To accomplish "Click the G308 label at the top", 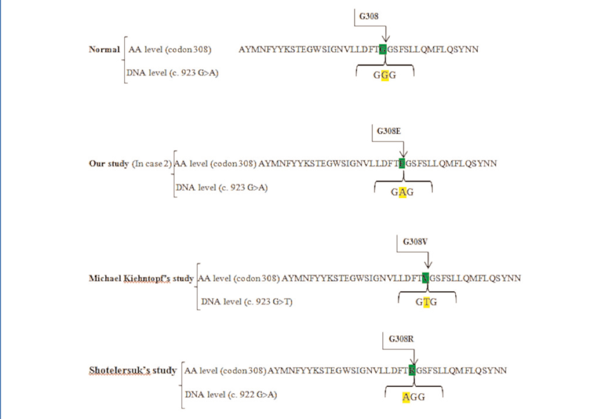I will coord(369,16).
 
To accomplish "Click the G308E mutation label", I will coord(389,131).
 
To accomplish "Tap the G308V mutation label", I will coord(415,242).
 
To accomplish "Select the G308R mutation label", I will coord(401,339).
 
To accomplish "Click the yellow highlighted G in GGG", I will coord(385,75).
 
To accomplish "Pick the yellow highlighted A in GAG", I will coord(402,192).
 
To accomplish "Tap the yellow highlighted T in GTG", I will coord(426,302).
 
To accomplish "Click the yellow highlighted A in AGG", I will coord(406,397).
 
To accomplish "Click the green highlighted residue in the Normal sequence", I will coord(383,49).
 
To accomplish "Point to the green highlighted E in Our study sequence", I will coord(402,164).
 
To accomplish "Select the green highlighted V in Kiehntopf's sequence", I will coord(426,278).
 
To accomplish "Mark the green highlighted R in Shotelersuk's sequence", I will coord(412,370).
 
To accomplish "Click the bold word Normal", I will coord(104,49).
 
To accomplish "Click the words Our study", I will coord(109,164).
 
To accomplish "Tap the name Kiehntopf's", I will coord(147,278).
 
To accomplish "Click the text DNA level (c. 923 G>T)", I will coord(247,302).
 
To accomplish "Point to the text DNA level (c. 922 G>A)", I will coord(231,395).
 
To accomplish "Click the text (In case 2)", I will coord(152,164).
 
